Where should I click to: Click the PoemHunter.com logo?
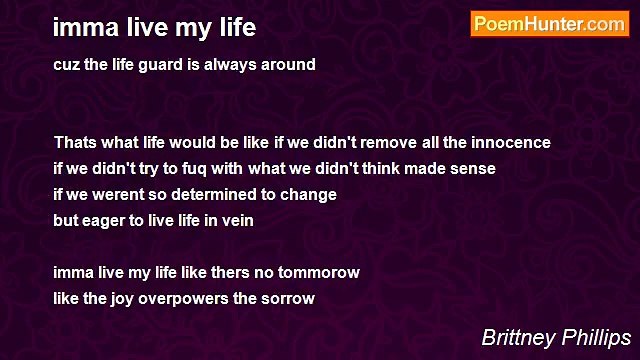click(x=549, y=24)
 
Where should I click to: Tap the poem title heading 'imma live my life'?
click(x=154, y=26)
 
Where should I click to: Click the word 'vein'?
click(x=236, y=220)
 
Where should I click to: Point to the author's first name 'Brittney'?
click(x=517, y=337)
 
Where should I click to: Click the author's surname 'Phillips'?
click(x=596, y=337)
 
